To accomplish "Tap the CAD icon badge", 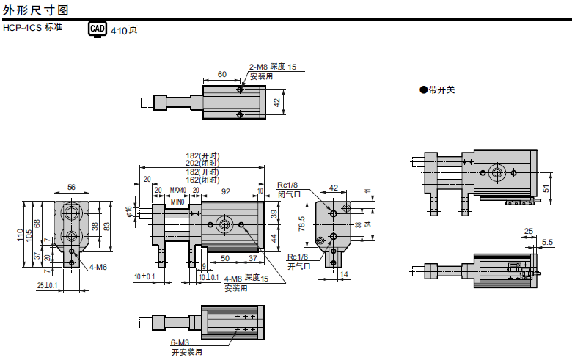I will pyautogui.click(x=98, y=29).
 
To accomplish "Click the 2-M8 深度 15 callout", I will pyautogui.click(x=273, y=67).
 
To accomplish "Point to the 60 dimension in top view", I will pyautogui.click(x=222, y=74).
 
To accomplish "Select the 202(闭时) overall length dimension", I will pyautogui.click(x=202, y=163).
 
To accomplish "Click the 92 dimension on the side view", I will pyautogui.click(x=225, y=191).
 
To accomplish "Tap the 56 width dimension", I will pyautogui.click(x=71, y=188).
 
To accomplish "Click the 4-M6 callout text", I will pyautogui.click(x=98, y=268).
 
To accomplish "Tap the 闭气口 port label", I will pyautogui.click(x=288, y=194).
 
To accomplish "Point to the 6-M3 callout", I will pyautogui.click(x=180, y=342).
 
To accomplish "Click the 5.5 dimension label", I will pyautogui.click(x=547, y=242).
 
